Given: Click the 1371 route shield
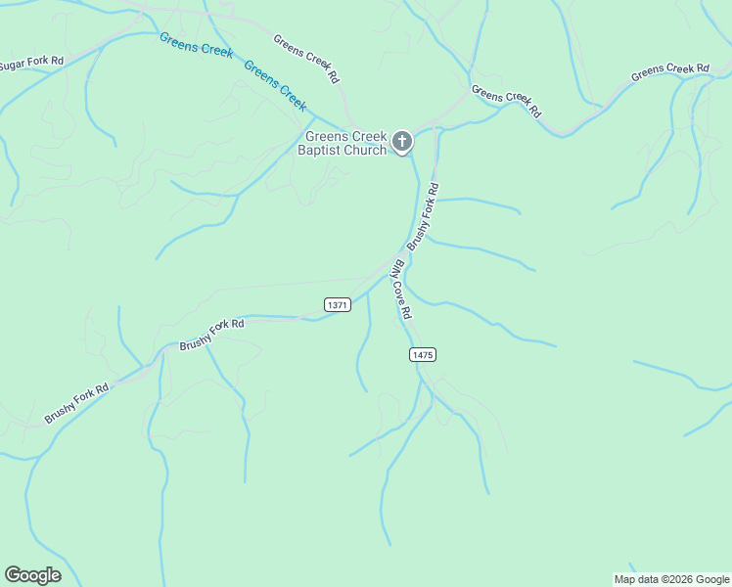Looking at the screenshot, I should click(337, 305).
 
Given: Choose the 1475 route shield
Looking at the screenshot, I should click(423, 354).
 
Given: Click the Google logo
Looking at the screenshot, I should click(32, 575).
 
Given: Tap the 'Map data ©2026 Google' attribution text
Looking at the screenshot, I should click(672, 579).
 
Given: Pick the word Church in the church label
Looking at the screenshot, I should click(366, 150).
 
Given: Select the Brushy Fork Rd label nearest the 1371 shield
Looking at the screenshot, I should click(210, 335).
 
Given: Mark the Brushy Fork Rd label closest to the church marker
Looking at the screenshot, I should click(424, 216).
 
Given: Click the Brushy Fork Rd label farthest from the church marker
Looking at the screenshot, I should click(76, 403).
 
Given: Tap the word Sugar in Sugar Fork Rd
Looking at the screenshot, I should click(13, 66).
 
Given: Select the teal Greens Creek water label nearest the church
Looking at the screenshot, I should click(275, 85).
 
